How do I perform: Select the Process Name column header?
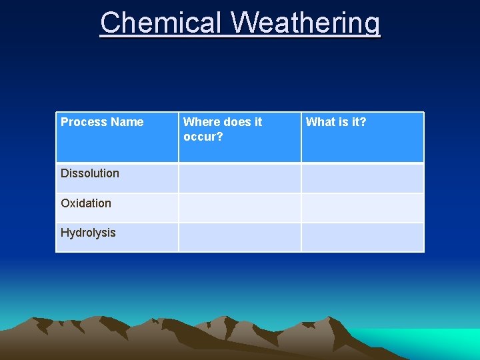[x=102, y=122]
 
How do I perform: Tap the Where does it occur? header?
[x=223, y=129]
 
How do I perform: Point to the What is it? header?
[x=336, y=122]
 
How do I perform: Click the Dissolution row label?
[x=90, y=173]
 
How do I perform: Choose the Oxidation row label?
[x=86, y=203]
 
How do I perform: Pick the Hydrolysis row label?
[x=88, y=233]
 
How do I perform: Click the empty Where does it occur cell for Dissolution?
[x=239, y=178]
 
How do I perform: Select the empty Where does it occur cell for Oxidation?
[x=239, y=207]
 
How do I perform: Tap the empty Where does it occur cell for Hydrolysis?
[x=239, y=237]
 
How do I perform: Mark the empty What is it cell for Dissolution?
[x=362, y=178]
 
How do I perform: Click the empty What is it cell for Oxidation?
[x=362, y=207]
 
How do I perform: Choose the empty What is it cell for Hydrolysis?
[x=362, y=237]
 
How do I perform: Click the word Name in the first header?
[x=127, y=122]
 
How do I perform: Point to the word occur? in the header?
[x=203, y=137]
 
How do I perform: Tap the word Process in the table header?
[x=84, y=122]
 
